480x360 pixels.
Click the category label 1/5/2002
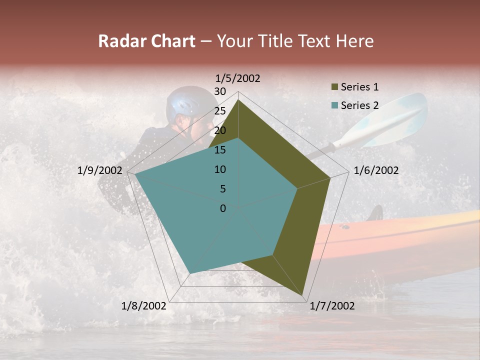tap(237, 78)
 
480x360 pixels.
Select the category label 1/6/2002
tap(376, 170)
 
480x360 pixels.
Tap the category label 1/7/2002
tap(332, 306)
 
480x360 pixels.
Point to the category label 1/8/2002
tap(144, 306)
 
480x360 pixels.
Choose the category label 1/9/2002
tap(100, 170)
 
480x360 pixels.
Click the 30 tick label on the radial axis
tap(220, 91)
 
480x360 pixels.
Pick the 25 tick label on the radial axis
tap(220, 111)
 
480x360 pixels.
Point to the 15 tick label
tap(220, 150)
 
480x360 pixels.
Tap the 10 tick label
tap(220, 169)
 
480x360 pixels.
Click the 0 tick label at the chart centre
tap(223, 208)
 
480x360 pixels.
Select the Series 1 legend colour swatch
tap(334, 87)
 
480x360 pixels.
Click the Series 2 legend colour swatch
tap(334, 105)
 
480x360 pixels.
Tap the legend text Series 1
tap(359, 87)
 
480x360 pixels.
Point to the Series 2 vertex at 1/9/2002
tap(135, 174)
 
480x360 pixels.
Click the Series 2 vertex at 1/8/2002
tap(190, 273)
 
